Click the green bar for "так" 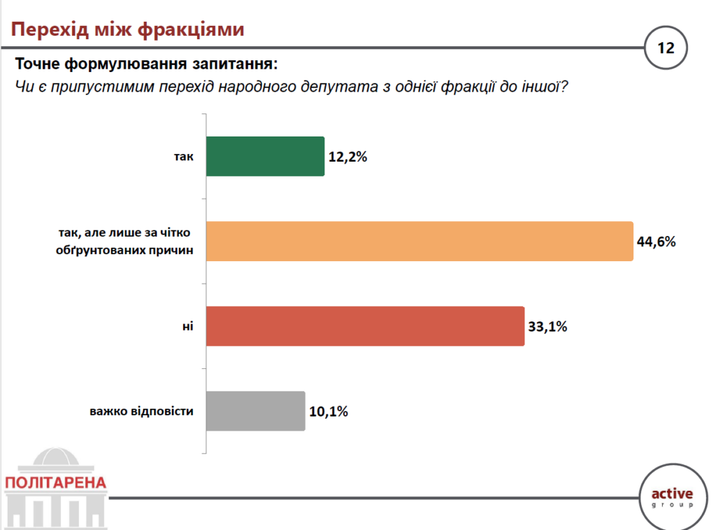266,156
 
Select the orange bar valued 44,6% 420,242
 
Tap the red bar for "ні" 366,326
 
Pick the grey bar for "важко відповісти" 256,411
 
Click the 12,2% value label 348,157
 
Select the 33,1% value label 547,327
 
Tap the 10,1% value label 328,412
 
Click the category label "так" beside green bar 183,157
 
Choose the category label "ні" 187,326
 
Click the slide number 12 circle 665,48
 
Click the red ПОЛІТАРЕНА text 55,483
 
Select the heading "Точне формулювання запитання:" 146,65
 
